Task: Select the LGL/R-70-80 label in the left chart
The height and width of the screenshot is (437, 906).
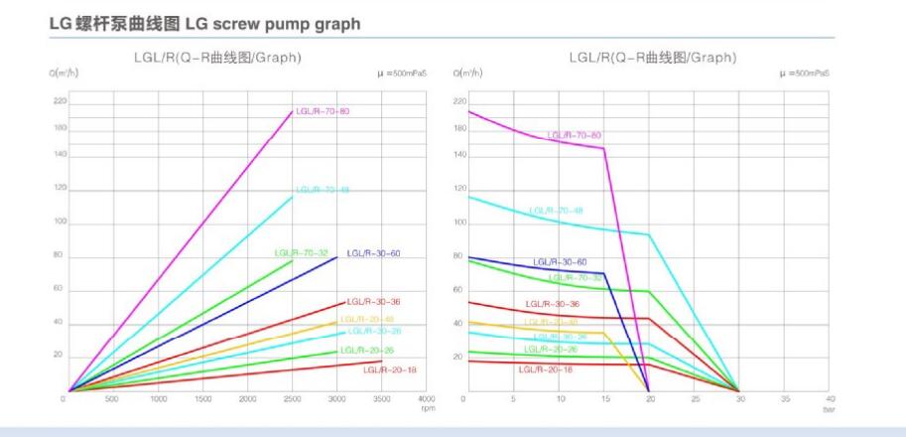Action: (323, 111)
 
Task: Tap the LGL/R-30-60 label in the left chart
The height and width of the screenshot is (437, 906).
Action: (374, 252)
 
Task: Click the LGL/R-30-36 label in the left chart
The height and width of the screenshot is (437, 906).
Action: (374, 301)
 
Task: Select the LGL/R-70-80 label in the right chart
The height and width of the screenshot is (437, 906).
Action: (575, 135)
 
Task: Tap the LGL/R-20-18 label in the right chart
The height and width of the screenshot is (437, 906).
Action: (546, 368)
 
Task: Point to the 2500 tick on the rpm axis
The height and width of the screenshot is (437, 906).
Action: (293, 399)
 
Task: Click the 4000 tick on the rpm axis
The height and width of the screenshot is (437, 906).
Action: (429, 399)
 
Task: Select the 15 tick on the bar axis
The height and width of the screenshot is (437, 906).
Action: (604, 399)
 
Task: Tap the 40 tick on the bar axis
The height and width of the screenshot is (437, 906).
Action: (831, 399)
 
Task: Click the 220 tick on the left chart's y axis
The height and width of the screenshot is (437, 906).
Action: (60, 101)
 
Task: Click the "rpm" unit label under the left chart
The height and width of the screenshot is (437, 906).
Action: (429, 408)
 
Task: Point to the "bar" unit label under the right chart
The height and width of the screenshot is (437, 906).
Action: (831, 408)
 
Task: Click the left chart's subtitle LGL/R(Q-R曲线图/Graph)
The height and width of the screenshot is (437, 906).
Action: (218, 58)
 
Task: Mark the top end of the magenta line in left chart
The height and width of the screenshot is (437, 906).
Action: (293, 111)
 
